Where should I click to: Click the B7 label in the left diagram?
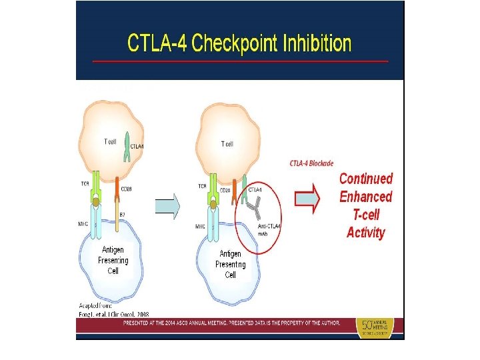[123, 214]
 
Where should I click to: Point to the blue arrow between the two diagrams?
[168, 205]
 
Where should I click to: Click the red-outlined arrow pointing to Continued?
[309, 197]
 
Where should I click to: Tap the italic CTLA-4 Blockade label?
[312, 163]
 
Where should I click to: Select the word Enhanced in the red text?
[366, 197]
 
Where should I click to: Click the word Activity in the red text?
[366, 233]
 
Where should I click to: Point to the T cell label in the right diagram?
[227, 144]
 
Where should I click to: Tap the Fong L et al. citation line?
[113, 314]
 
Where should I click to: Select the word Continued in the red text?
[366, 179]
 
